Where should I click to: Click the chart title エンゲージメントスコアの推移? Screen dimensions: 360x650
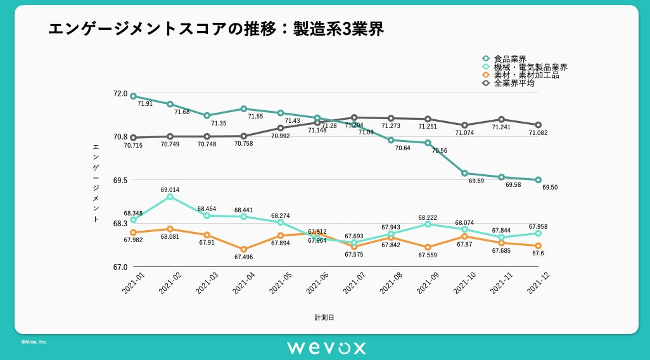[x=216, y=29]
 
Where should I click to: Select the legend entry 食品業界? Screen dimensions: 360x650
[x=510, y=59]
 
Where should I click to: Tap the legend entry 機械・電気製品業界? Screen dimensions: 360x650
[x=530, y=67]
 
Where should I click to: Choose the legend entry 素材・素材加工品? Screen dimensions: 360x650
[x=526, y=75]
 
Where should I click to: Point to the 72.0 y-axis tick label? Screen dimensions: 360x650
[x=120, y=94]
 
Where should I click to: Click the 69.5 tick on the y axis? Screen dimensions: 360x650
[x=120, y=180]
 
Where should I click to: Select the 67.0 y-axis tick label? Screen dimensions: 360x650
[x=120, y=267]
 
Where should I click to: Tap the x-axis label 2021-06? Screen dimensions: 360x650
[x=317, y=283]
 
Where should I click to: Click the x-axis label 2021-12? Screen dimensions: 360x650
[x=537, y=283]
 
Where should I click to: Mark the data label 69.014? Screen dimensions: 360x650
[x=170, y=190]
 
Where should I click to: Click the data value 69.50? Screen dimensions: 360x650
[x=550, y=187]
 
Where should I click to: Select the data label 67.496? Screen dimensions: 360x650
[x=244, y=257]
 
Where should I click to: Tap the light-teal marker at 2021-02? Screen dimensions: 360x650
[x=170, y=196]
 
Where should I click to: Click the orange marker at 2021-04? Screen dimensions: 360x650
[x=243, y=249]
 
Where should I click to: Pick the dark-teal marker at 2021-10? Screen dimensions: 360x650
[x=464, y=173]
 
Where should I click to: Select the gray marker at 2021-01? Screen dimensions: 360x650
[x=133, y=138]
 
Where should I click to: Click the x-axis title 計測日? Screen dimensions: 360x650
[x=324, y=317]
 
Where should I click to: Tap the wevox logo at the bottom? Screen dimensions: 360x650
[x=326, y=347]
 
